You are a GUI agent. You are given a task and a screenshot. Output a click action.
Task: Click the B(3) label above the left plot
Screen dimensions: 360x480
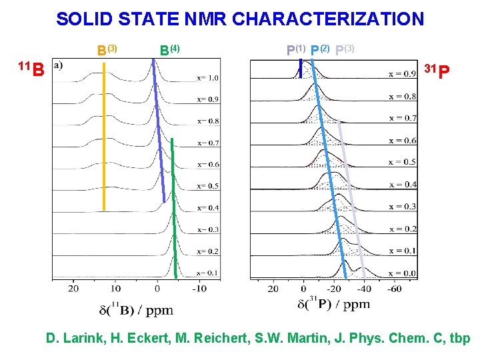tap(107, 49)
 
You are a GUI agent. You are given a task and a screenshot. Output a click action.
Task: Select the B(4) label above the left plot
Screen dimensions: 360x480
tap(170, 49)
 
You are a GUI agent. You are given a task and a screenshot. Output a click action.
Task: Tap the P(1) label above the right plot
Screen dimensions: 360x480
tap(296, 49)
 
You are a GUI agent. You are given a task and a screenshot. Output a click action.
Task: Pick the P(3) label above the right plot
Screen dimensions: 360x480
tap(345, 49)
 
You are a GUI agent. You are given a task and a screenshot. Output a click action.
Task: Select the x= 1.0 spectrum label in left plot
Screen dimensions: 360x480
tap(207, 78)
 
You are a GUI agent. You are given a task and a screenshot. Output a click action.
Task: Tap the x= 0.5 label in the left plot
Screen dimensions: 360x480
tap(207, 186)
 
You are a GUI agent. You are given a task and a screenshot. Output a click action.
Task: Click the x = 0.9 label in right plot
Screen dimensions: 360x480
tap(403, 73)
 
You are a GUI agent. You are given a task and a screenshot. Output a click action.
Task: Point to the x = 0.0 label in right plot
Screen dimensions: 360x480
tap(403, 273)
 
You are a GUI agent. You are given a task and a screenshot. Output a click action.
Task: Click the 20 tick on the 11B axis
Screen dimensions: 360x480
tap(73, 289)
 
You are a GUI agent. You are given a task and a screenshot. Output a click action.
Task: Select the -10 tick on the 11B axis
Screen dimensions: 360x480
tap(198, 289)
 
